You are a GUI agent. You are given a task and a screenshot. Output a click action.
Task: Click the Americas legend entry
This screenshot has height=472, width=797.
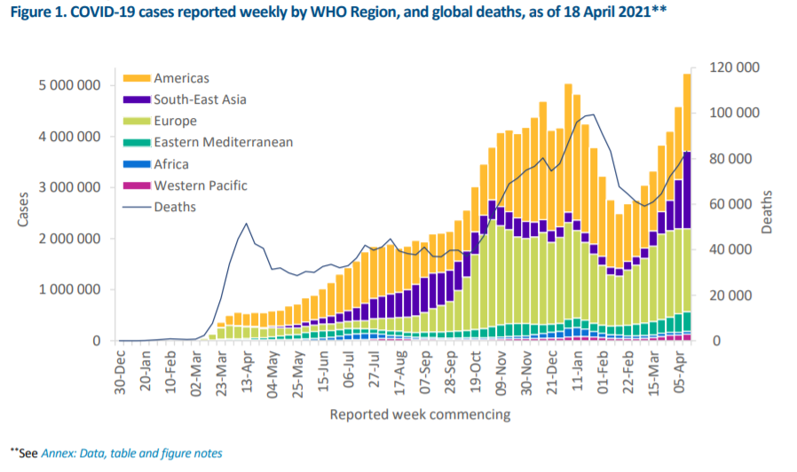coord(181,79)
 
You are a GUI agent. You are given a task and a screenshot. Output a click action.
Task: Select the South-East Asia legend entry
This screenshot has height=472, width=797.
coord(200,100)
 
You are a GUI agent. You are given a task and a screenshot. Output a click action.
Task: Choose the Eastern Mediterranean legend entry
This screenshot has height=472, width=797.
coord(223,142)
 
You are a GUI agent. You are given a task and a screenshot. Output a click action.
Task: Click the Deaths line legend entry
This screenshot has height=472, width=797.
coord(175,207)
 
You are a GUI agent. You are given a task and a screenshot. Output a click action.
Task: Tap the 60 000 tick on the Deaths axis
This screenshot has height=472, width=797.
coord(738,204)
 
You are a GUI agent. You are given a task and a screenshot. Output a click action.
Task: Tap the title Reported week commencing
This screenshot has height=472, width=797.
coord(420,414)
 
